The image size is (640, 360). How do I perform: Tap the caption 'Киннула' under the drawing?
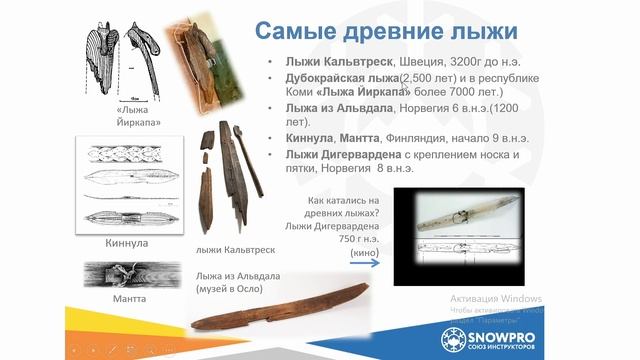pyautogui.click(x=126, y=242)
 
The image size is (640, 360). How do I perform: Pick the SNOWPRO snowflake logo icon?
pyautogui.click(x=458, y=335)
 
